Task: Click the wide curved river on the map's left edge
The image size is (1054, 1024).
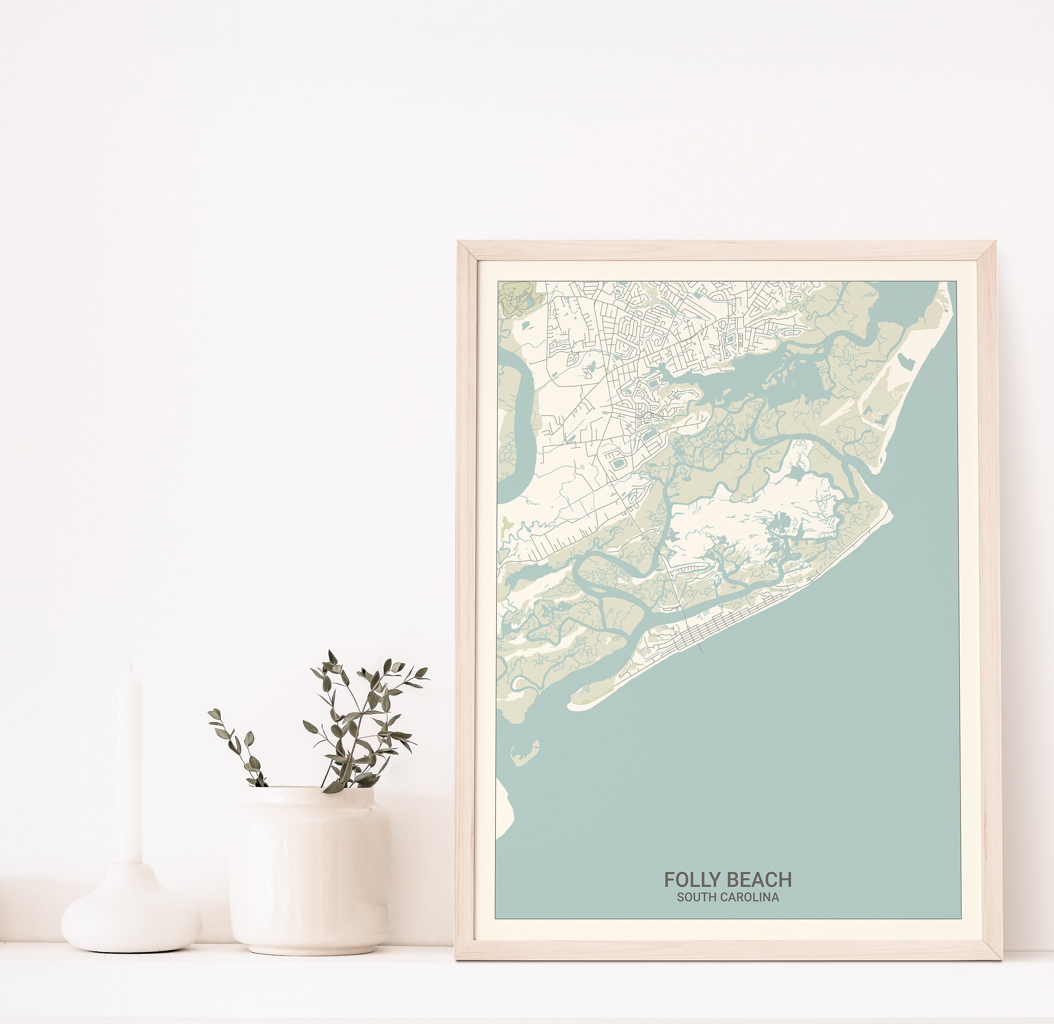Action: [x=519, y=430]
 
